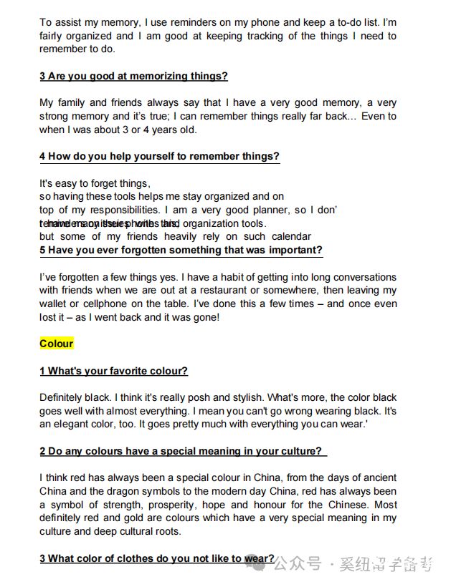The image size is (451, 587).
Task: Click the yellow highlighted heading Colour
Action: click(56, 344)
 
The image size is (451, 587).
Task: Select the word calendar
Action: click(288, 236)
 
